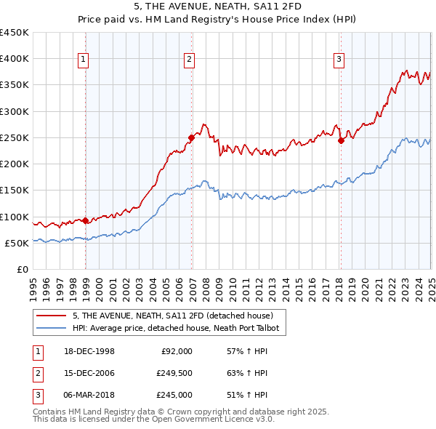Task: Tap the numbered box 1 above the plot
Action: (84, 60)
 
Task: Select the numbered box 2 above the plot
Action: (189, 60)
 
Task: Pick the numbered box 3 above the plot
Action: (339, 60)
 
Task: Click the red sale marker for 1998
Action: (86, 220)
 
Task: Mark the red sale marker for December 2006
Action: (191, 137)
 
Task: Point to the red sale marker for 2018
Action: (340, 140)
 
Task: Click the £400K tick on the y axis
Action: (15, 59)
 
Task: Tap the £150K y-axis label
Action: (15, 191)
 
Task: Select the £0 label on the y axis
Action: (22, 270)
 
